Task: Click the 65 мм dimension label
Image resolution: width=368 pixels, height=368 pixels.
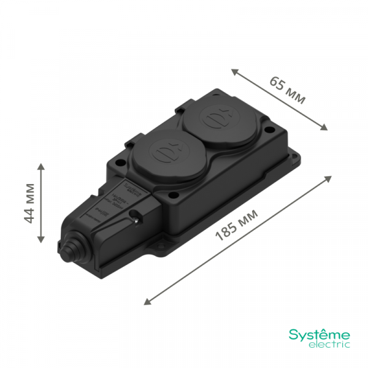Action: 287,90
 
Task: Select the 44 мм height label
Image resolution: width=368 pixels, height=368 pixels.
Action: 28,202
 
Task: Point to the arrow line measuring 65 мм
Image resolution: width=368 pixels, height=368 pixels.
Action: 280,99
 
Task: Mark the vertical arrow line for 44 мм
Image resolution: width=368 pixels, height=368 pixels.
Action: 41,203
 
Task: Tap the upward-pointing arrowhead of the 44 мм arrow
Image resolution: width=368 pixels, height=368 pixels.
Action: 41,167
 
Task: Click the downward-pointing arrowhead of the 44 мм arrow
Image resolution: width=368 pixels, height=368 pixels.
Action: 41,240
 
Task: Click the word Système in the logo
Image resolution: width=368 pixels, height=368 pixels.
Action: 320,335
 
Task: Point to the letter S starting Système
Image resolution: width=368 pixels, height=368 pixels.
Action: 293,335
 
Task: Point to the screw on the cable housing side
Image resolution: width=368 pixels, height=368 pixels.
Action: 134,216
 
